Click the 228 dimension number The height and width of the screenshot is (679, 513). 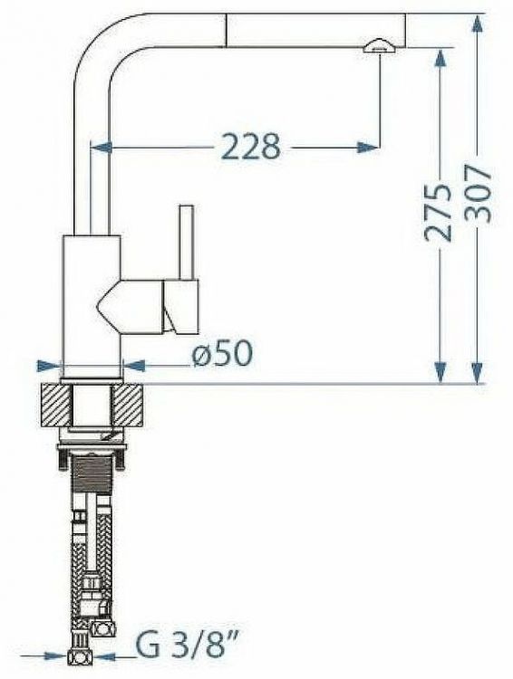tap(251, 147)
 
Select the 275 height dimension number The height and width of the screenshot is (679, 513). tap(438, 212)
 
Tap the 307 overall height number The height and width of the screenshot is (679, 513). tap(479, 193)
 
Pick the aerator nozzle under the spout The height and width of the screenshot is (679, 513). tap(379, 47)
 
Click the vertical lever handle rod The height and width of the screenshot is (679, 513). tap(187, 242)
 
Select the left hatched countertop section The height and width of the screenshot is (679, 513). tap(55, 405)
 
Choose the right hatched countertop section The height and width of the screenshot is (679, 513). tap(127, 405)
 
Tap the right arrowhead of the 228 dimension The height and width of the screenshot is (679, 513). tap(367, 148)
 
